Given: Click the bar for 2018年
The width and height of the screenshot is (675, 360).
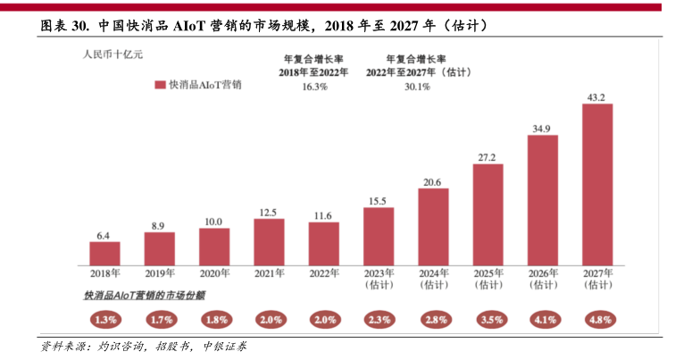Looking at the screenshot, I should point(104,252).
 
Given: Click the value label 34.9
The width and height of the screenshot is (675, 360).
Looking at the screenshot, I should point(542,128).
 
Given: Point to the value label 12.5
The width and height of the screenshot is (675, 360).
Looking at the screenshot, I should point(269,212).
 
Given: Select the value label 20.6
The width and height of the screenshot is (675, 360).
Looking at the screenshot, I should point(432,181).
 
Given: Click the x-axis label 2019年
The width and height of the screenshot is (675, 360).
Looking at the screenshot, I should point(159,273).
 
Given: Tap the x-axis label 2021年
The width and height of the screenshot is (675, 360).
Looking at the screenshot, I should point(269,273).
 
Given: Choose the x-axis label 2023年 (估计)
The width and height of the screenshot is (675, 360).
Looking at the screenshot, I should point(378,279).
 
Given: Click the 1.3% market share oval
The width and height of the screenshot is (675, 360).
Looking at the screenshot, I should point(104,319).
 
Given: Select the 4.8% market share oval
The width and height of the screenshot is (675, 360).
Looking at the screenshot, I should point(597,319).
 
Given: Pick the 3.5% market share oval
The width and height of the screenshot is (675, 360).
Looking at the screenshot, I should point(487,319).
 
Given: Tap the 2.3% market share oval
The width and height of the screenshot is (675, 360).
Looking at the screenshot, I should point(378,319).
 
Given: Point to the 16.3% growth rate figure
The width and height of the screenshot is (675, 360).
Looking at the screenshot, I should point(314,87).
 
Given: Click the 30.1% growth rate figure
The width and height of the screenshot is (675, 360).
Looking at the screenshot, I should point(417,87).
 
